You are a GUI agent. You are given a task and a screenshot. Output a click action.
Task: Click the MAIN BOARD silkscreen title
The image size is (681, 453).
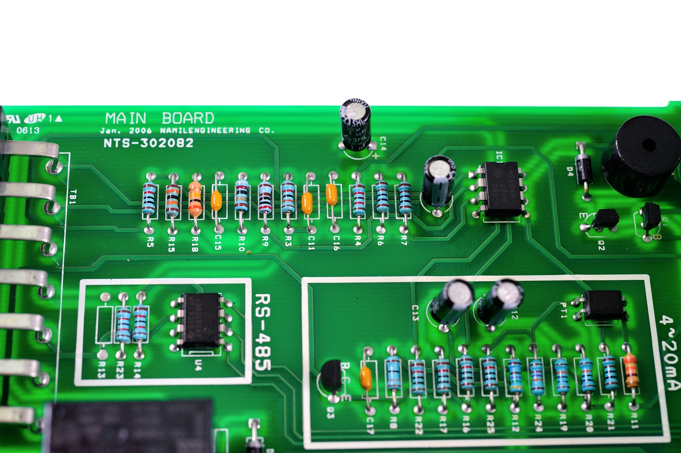tap(160, 118)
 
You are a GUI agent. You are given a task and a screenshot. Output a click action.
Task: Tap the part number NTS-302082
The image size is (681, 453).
tap(149, 143)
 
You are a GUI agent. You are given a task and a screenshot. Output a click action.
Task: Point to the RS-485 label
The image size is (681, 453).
tap(262, 332)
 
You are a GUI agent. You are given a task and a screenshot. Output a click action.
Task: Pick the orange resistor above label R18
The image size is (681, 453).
tap(195, 197)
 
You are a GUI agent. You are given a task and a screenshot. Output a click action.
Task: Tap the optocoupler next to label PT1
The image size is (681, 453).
tap(604, 305)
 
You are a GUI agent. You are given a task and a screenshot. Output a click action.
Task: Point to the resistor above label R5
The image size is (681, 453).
tap(149, 198)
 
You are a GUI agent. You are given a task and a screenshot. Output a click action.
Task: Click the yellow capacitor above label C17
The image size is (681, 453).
tap(366, 378)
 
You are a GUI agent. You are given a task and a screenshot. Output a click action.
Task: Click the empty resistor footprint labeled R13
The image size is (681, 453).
tap(104, 324)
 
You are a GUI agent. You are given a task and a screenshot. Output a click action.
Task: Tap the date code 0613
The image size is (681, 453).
tap(28, 130)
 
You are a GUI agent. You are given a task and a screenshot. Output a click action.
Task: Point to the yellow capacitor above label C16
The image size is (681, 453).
tap(332, 195)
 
